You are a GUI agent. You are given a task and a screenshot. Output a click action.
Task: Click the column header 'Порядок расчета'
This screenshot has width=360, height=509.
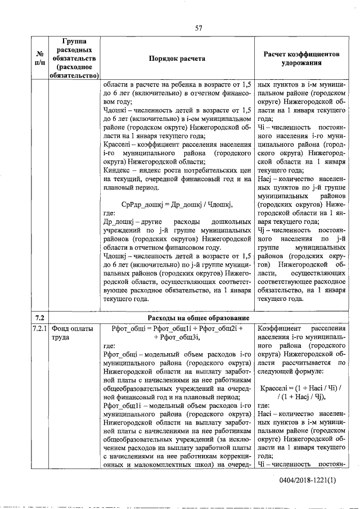(177, 58)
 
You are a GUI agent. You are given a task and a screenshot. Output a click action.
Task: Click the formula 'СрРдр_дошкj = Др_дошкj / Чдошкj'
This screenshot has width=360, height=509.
(177, 204)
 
